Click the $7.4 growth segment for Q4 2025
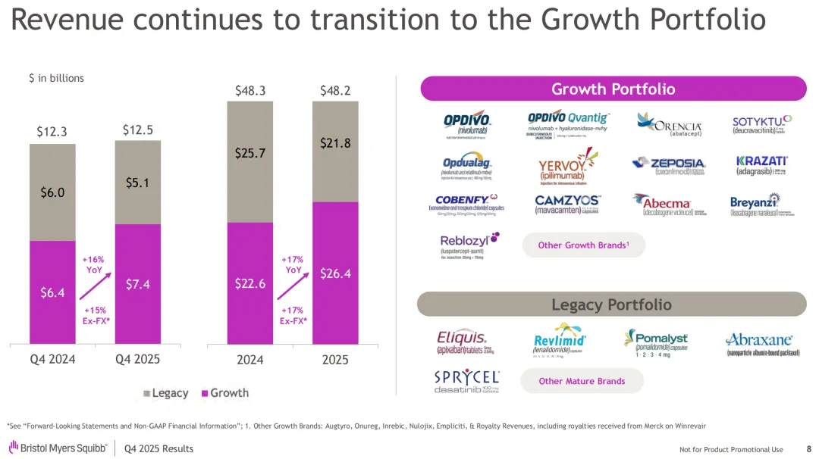(137, 285)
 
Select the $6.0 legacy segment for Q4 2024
(52, 192)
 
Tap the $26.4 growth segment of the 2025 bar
(335, 273)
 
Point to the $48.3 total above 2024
(250, 91)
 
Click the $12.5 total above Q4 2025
(137, 130)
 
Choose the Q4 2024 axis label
(52, 359)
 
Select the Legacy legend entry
(165, 393)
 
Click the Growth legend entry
(224, 393)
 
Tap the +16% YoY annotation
(93, 264)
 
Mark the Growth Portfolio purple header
(613, 89)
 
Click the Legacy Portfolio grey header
(611, 304)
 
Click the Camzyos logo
(567, 205)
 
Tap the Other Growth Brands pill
(583, 245)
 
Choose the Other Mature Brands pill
(582, 381)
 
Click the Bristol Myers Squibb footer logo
(58, 448)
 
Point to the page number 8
(808, 449)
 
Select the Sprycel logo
(466, 381)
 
